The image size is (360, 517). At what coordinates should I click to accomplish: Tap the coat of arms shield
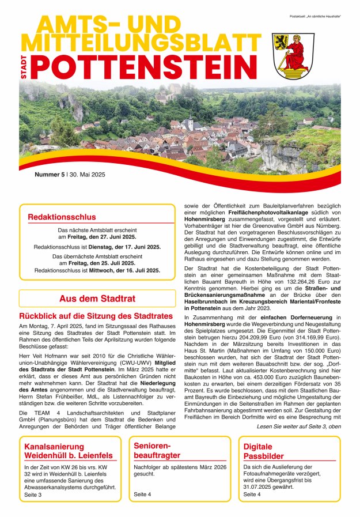point(293,55)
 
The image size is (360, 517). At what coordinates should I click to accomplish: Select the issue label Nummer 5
point(51,174)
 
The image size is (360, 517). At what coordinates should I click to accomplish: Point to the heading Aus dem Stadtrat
point(97,299)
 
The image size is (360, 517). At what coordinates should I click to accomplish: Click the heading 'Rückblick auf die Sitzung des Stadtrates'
point(96,316)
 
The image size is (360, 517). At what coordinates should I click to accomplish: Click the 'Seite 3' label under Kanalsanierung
point(33,495)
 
